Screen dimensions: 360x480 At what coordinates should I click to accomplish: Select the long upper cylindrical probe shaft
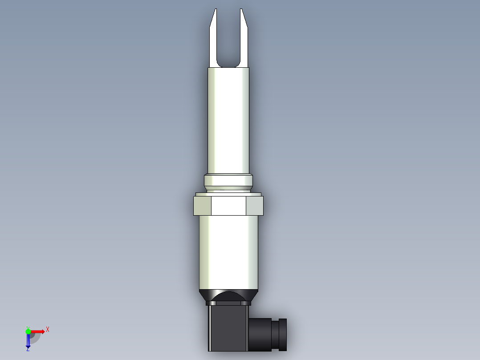(228, 120)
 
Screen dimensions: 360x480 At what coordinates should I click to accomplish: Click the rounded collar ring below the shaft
(228, 181)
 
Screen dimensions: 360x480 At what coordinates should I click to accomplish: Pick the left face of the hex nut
(202, 206)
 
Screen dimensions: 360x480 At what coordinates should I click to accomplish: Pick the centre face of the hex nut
(228, 206)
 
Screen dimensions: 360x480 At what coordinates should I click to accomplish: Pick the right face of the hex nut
(255, 206)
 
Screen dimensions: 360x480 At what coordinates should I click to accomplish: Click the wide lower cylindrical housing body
(228, 252)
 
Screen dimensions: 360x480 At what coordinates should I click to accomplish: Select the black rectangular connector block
(228, 327)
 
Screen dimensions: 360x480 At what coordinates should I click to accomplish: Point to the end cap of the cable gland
(282, 334)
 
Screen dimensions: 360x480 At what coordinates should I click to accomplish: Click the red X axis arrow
(38, 331)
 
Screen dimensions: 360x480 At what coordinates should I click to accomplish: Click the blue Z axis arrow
(28, 341)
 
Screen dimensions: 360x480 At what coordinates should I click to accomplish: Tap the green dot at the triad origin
(28, 331)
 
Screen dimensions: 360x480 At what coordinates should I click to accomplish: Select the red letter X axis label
(48, 329)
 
